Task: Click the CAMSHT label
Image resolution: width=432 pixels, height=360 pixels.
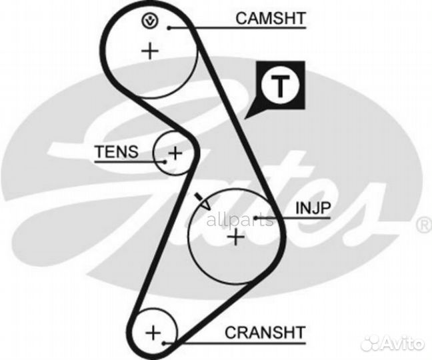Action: pyautogui.click(x=270, y=18)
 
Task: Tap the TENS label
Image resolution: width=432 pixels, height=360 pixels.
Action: pyautogui.click(x=117, y=151)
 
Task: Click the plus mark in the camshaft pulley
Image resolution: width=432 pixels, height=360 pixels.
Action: pyautogui.click(x=151, y=51)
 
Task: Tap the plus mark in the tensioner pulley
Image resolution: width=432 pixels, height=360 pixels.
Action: pyautogui.click(x=175, y=153)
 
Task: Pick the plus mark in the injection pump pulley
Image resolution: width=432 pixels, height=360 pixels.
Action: pyautogui.click(x=235, y=237)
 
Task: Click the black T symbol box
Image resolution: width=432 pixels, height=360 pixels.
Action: pyautogui.click(x=281, y=86)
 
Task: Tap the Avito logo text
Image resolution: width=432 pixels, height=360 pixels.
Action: pyautogui.click(x=406, y=344)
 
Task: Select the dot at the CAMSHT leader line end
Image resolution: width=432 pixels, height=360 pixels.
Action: pyautogui.click(x=171, y=27)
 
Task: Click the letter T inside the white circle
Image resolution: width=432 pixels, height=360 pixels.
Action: pyautogui.click(x=281, y=85)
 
